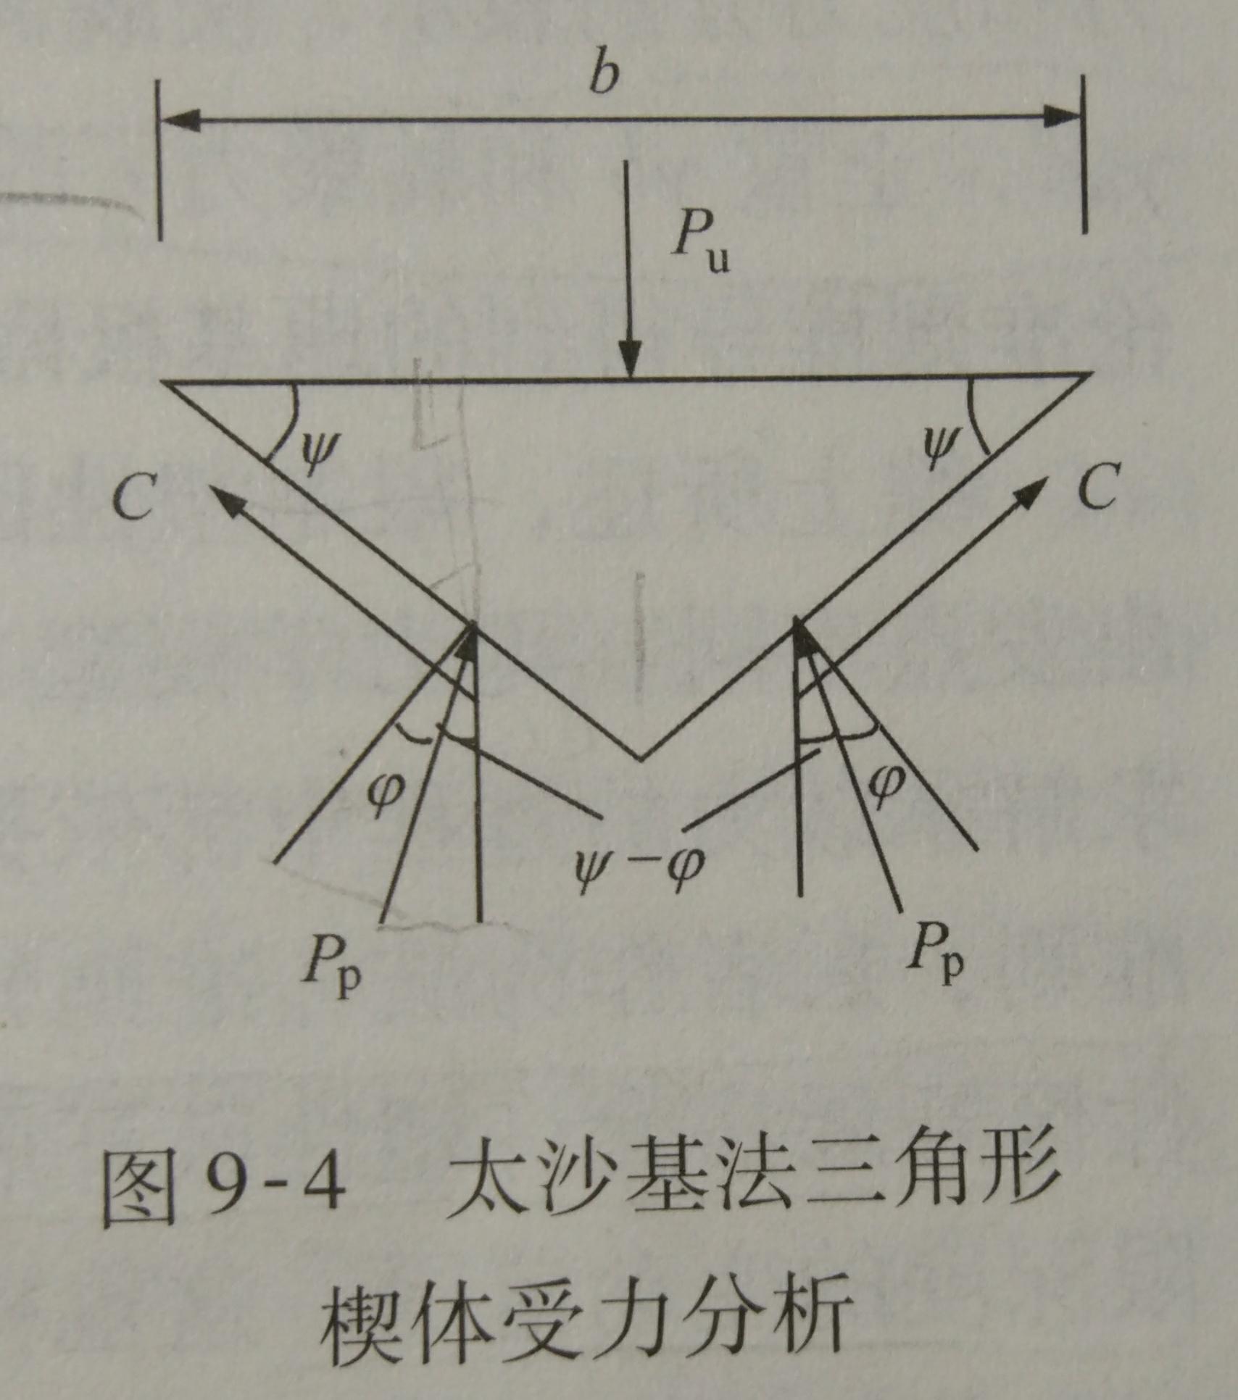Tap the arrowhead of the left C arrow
coord(225,499)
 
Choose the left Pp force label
coord(331,962)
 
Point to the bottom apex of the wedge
coord(639,759)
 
